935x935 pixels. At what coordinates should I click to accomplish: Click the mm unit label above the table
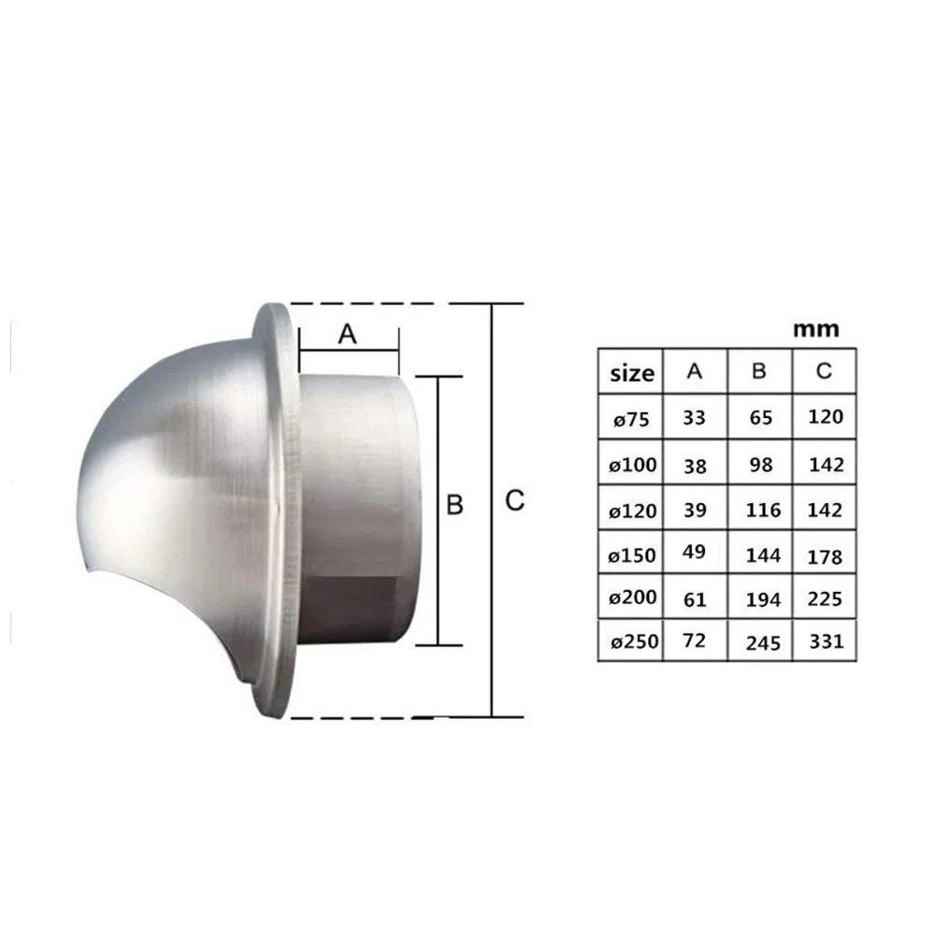coord(815,329)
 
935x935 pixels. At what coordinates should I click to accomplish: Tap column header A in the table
coord(694,371)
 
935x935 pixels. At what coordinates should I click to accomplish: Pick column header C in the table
coord(824,371)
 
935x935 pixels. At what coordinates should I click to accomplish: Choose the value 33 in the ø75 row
coord(694,417)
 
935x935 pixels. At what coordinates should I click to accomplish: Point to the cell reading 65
coord(761,417)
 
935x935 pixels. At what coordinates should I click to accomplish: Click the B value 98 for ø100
coord(761,465)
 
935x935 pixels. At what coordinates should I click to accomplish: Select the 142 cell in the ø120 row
coord(826,510)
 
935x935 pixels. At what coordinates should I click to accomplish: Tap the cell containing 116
coord(763,510)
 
